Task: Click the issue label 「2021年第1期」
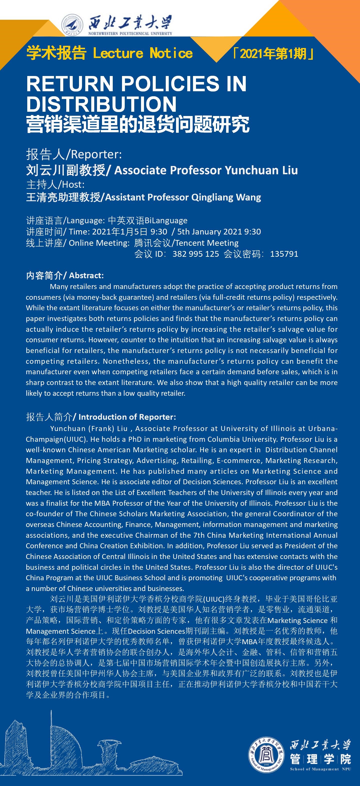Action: [x=273, y=54]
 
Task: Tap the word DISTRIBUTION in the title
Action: [x=101, y=104]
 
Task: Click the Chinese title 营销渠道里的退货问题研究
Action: [x=138, y=124]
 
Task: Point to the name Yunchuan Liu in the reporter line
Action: [x=261, y=170]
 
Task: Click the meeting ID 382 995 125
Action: [x=195, y=254]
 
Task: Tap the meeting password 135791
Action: [x=284, y=254]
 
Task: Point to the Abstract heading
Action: [x=86, y=275]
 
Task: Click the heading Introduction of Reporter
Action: [x=127, y=417]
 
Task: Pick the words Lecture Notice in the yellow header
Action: [x=143, y=53]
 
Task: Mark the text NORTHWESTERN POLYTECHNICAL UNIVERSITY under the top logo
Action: [x=130, y=33]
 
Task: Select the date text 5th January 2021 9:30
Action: [x=219, y=231]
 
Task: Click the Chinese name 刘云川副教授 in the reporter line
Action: [x=65, y=170]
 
